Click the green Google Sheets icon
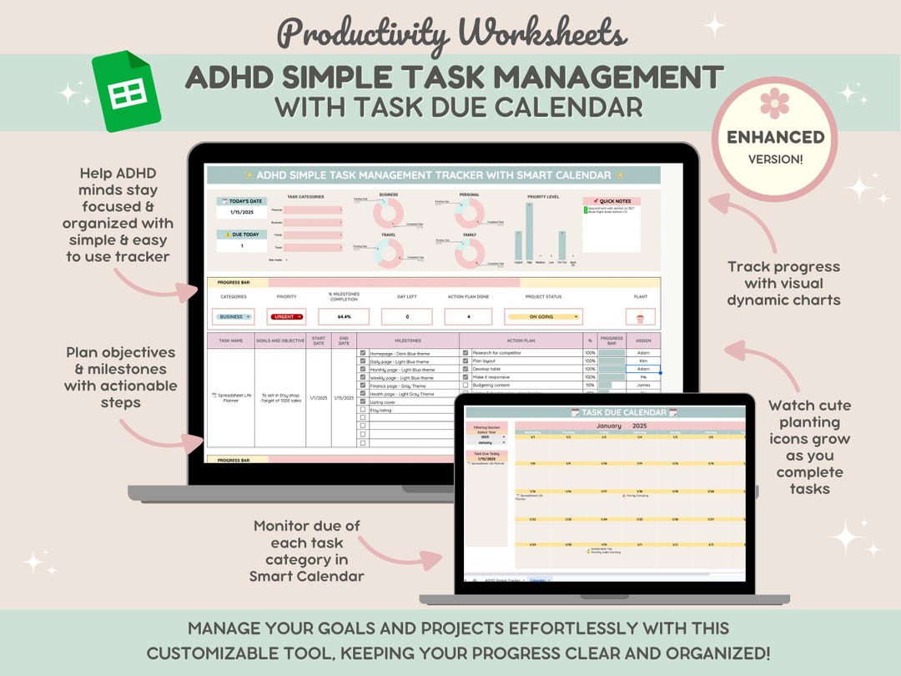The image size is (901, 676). (x=127, y=92)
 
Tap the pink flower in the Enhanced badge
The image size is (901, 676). (x=774, y=103)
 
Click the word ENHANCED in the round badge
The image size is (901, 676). (x=775, y=137)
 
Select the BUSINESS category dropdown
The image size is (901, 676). (x=234, y=317)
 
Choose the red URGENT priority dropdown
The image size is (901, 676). (x=286, y=317)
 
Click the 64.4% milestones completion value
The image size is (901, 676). (x=343, y=317)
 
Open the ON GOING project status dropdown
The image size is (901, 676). (x=542, y=317)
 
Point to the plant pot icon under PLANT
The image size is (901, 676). (x=640, y=318)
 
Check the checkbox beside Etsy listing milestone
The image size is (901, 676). (x=362, y=410)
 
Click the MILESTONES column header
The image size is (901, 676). (x=408, y=341)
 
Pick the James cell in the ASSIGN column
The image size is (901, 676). (x=642, y=385)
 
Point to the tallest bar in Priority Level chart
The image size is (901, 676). (x=529, y=231)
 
